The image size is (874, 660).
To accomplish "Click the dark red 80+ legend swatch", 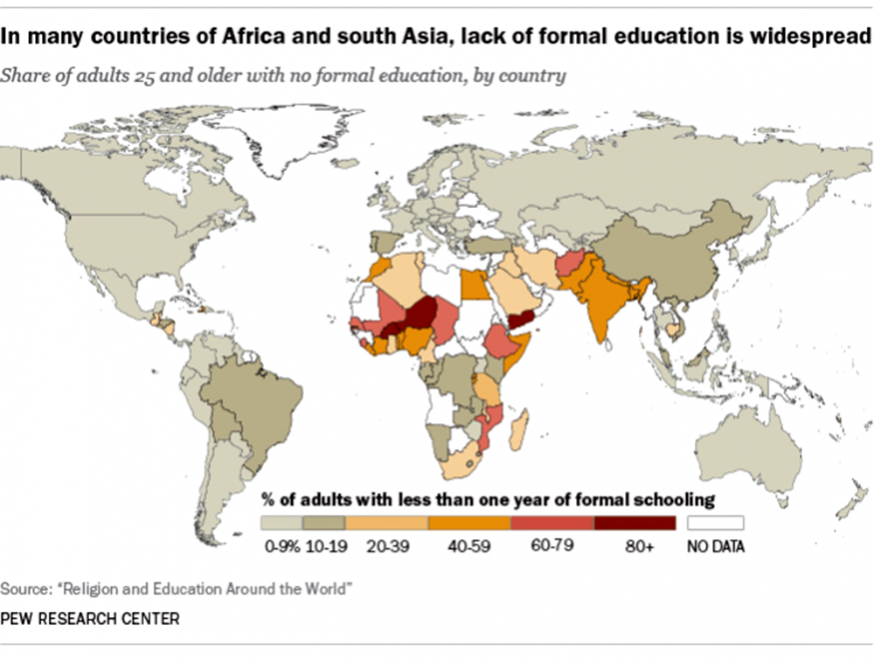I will coord(635,523).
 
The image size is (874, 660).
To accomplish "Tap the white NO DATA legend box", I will coord(715,523).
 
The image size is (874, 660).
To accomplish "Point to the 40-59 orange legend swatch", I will coord(468,523).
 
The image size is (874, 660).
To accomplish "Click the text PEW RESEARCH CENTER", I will coord(91,619).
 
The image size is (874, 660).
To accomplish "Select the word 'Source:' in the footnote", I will coord(24,588).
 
